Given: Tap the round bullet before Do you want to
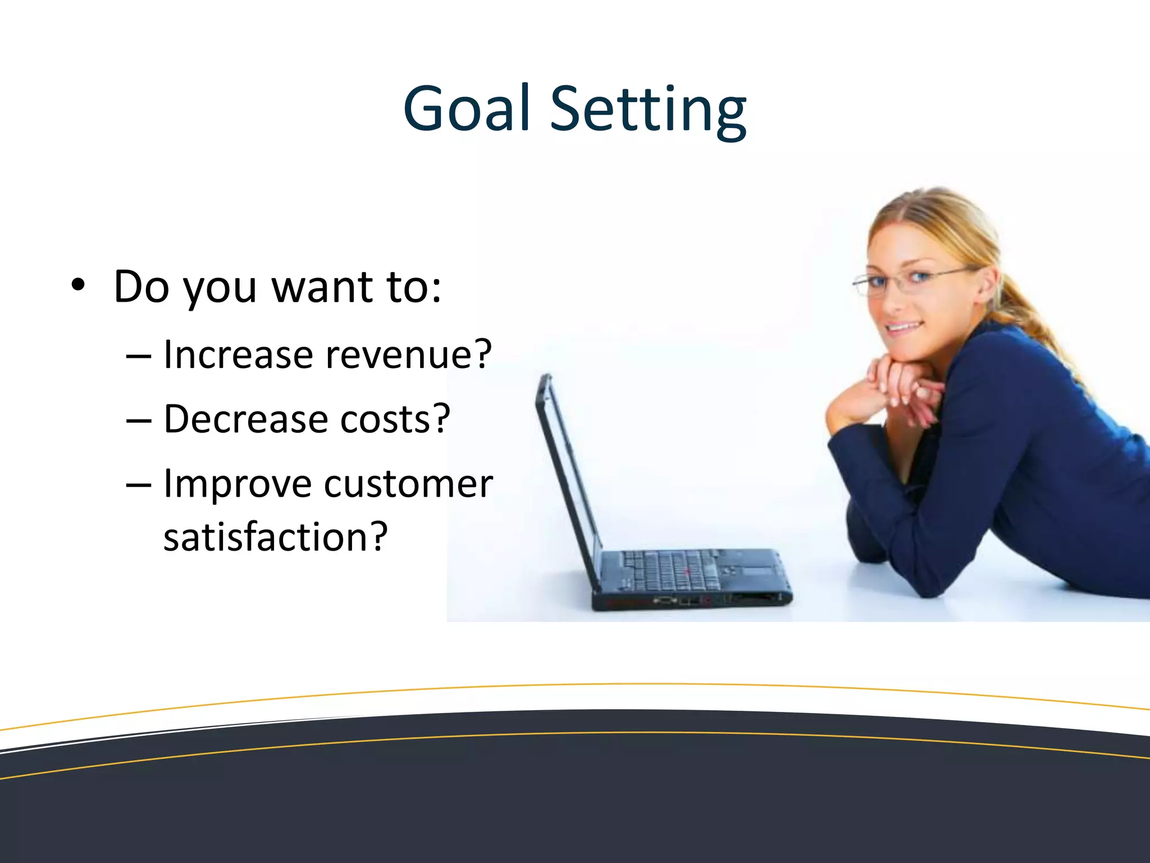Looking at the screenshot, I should (78, 286).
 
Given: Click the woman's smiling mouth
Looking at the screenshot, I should (904, 326).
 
